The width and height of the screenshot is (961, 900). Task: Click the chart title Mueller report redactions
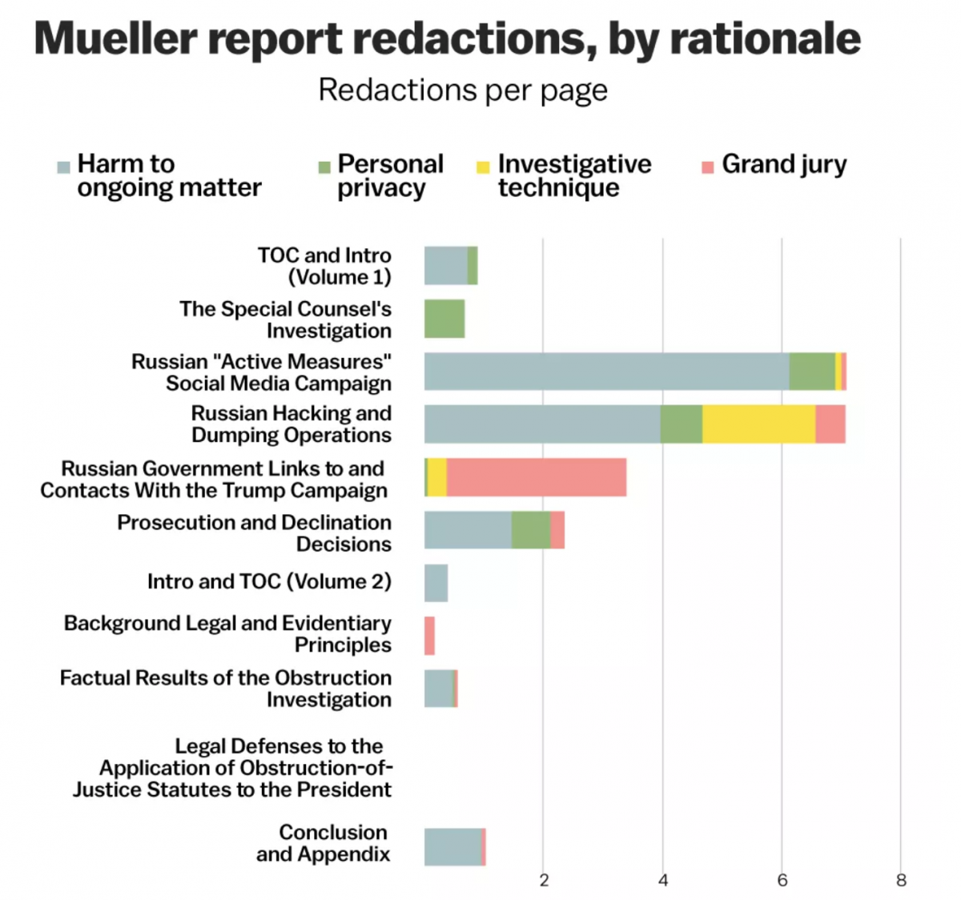[x=447, y=38]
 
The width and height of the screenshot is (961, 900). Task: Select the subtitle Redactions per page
[x=463, y=90]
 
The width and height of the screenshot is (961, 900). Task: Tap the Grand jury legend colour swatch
[x=707, y=167]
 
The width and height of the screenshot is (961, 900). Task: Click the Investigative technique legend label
[x=574, y=175]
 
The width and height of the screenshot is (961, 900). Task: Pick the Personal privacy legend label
[x=390, y=175]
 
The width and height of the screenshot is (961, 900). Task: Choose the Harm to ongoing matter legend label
[x=169, y=175]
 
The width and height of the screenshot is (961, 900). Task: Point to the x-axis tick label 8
[x=901, y=881]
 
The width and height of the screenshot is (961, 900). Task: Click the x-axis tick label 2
[x=544, y=881]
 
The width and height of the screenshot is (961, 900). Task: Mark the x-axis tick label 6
[x=782, y=881]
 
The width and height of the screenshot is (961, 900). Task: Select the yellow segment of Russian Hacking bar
[x=758, y=424]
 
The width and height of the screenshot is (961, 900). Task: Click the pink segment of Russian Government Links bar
[x=536, y=477]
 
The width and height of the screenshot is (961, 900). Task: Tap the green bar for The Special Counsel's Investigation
[x=444, y=319]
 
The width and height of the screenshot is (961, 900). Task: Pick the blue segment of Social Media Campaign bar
[x=606, y=372]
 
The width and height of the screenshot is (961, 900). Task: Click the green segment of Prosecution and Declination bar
[x=531, y=530]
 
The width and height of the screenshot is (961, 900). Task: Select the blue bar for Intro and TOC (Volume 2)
[x=436, y=583]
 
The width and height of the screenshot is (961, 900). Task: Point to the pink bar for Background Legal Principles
[x=430, y=636]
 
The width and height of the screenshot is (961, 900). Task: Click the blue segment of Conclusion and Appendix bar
[x=452, y=847]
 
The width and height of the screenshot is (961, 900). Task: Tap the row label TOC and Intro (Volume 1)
[x=324, y=266]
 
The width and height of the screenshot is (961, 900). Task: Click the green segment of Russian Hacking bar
[x=682, y=424]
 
